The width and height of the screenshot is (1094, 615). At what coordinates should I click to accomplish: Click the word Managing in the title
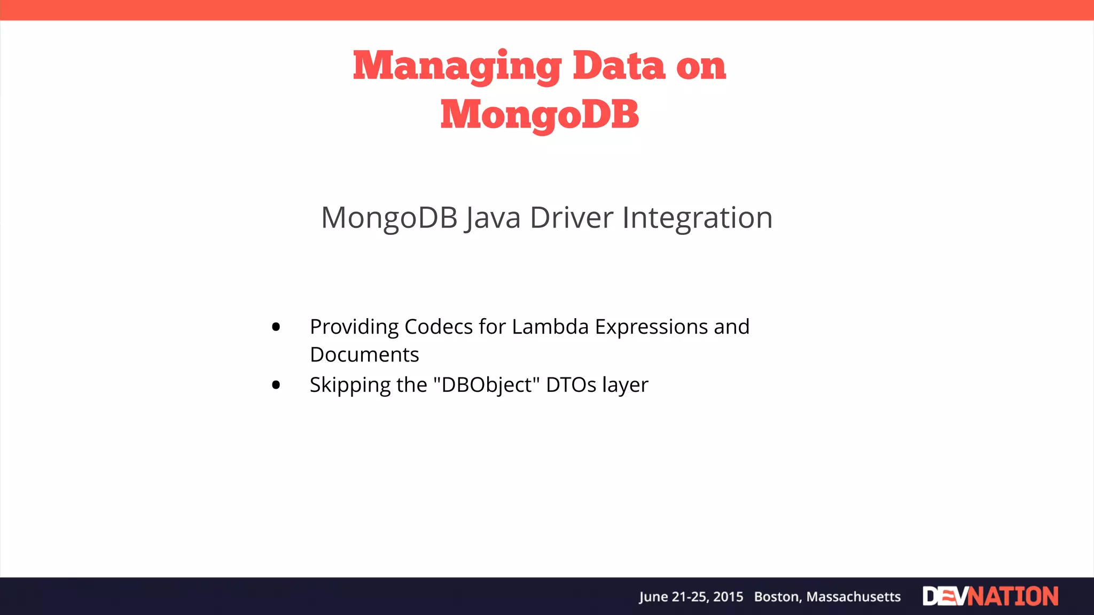pyautogui.click(x=457, y=66)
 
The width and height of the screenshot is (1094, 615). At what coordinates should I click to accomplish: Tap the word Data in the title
pyautogui.click(x=619, y=66)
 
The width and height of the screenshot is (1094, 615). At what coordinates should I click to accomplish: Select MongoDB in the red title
pyautogui.click(x=540, y=115)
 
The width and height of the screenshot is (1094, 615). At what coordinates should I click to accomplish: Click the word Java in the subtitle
pyautogui.click(x=493, y=218)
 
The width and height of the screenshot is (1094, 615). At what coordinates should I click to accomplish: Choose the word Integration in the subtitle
pyautogui.click(x=697, y=218)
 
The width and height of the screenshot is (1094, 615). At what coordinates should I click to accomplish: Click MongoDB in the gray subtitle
pyautogui.click(x=389, y=218)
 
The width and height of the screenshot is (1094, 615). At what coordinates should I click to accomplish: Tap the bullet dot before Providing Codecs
pyautogui.click(x=276, y=327)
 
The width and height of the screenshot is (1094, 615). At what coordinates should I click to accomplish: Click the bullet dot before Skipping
pyautogui.click(x=276, y=384)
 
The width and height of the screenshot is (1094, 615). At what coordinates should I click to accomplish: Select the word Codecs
pyautogui.click(x=439, y=327)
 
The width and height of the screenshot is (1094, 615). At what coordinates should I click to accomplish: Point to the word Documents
pyautogui.click(x=364, y=355)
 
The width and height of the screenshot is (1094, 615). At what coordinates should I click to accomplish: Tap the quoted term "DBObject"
pyautogui.click(x=487, y=384)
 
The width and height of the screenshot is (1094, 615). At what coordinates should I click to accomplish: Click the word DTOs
pyautogui.click(x=571, y=384)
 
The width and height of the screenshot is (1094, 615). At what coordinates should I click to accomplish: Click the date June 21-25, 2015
pyautogui.click(x=691, y=597)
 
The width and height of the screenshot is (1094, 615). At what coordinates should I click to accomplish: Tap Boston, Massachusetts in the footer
pyautogui.click(x=827, y=597)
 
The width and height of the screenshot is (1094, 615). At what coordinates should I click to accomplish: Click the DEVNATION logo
pyautogui.click(x=990, y=596)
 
